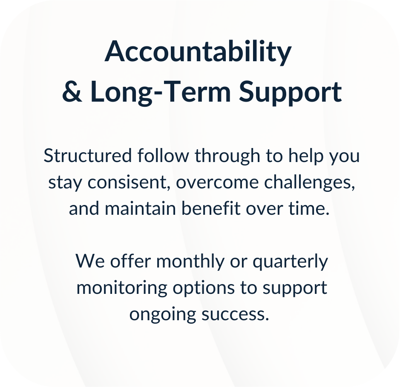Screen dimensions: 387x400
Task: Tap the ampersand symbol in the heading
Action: [72, 92]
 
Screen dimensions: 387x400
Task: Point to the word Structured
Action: [88, 156]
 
